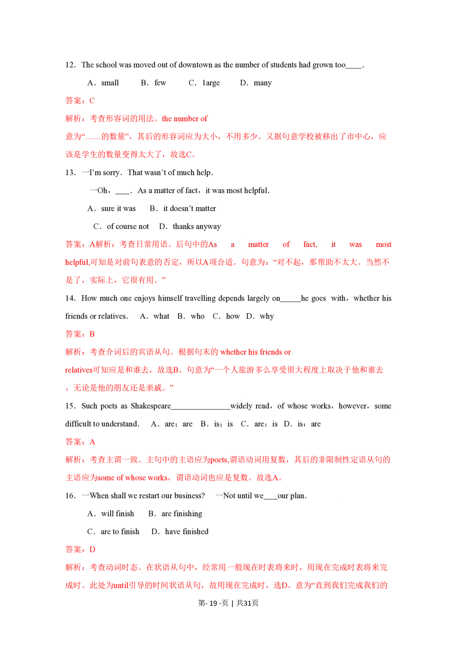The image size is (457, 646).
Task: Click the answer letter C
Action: point(92,101)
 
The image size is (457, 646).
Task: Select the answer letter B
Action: point(92,334)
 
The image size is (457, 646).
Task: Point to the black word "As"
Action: point(213,244)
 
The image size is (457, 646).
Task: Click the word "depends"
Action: point(231,298)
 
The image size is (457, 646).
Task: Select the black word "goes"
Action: point(319,298)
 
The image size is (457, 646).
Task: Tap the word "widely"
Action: point(241,406)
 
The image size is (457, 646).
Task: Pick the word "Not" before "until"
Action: point(229,496)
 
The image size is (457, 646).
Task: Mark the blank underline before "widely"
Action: point(220,407)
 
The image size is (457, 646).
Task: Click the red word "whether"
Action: point(234,352)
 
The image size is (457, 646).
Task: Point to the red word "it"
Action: point(333,244)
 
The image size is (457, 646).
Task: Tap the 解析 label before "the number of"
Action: point(73,119)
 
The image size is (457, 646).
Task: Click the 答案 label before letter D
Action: point(73,550)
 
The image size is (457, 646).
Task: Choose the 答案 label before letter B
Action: point(73,334)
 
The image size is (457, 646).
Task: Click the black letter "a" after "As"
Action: point(233,244)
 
